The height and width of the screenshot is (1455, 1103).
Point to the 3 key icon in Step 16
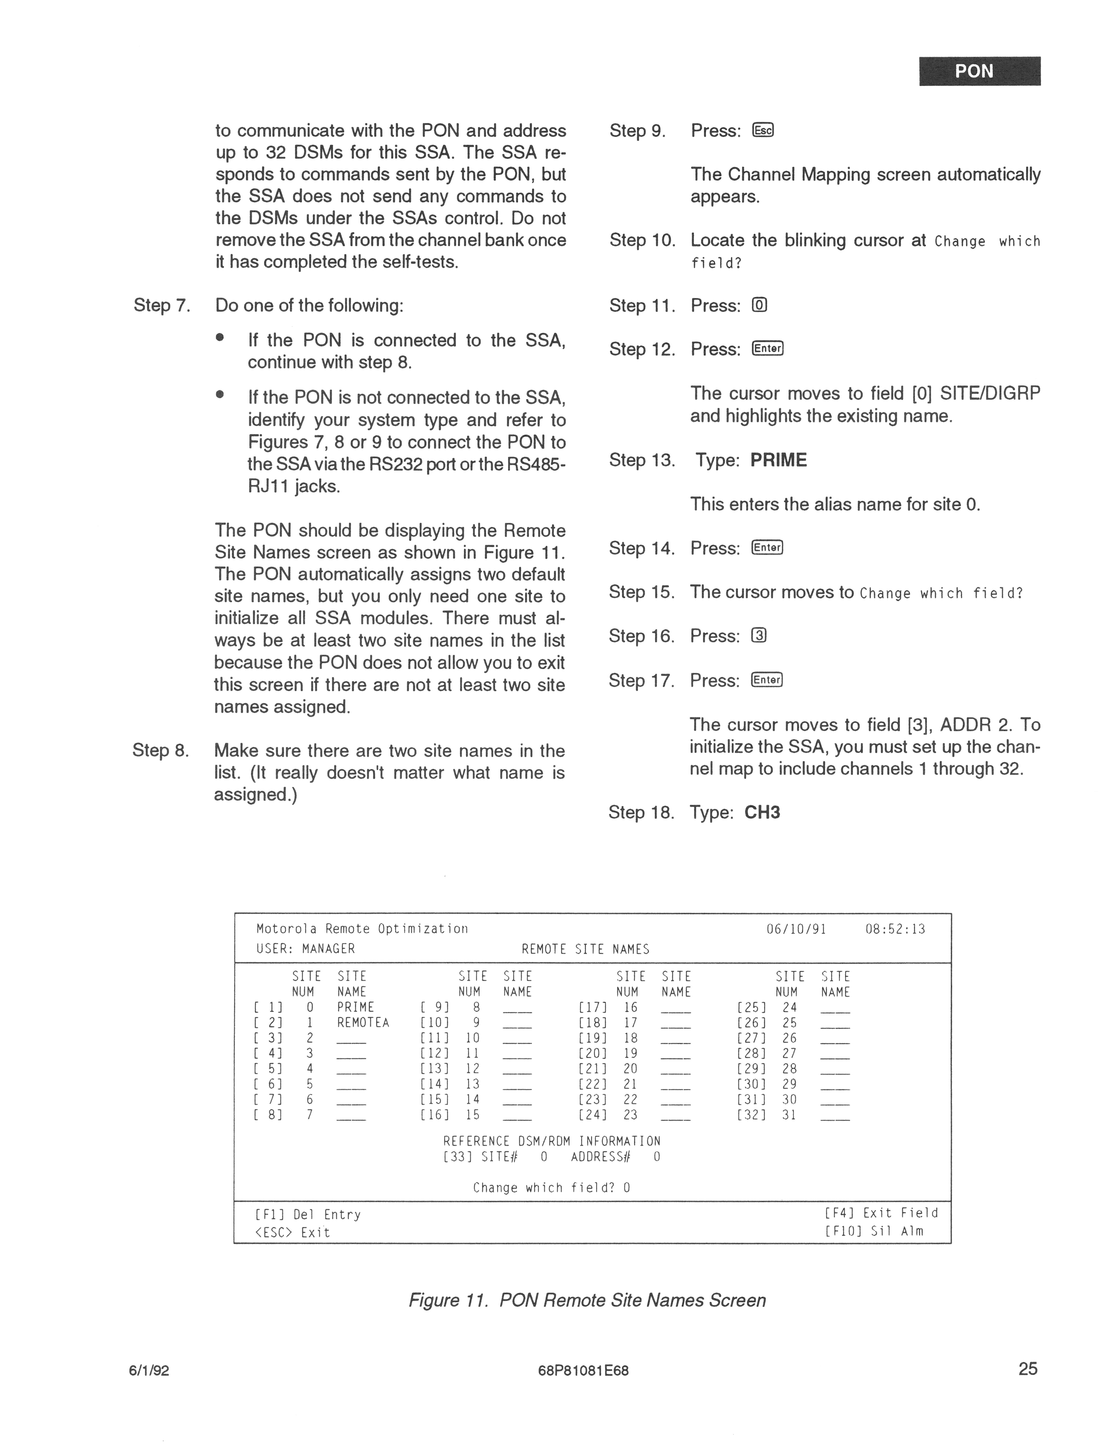tap(758, 636)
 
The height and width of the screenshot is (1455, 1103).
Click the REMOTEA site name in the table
tap(363, 1023)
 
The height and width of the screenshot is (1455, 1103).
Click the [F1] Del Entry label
tap(307, 1214)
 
